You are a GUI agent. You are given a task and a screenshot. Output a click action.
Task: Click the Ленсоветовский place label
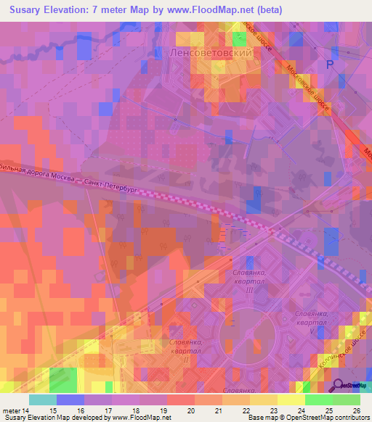click(x=210, y=54)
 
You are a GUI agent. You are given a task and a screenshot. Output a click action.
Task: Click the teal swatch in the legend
click(x=43, y=400)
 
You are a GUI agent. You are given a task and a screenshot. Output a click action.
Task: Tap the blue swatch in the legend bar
click(x=70, y=400)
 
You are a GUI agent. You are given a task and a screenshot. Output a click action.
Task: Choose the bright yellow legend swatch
click(x=291, y=400)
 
